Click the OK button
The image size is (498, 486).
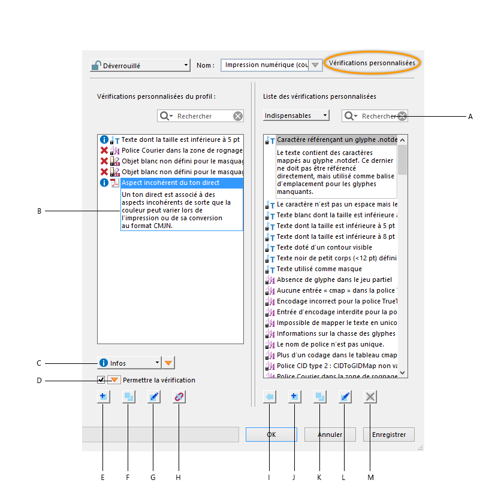(x=271, y=435)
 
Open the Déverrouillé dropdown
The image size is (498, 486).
(x=139, y=65)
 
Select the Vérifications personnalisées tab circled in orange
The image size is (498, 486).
(x=372, y=62)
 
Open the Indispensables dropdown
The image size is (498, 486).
(x=296, y=116)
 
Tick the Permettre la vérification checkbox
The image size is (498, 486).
(x=101, y=379)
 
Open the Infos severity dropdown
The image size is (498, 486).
(x=129, y=363)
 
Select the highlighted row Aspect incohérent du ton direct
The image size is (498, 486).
(x=181, y=183)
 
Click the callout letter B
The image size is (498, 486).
(x=39, y=211)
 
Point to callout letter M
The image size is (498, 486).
(x=370, y=477)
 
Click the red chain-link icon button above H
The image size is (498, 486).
(x=179, y=396)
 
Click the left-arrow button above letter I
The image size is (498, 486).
(x=269, y=396)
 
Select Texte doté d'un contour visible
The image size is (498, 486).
(x=324, y=247)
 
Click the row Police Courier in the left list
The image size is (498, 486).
(x=182, y=150)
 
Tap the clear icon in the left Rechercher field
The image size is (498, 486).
(x=238, y=116)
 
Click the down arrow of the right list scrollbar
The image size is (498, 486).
(x=403, y=372)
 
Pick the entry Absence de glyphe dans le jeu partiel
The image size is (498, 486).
(x=334, y=280)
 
